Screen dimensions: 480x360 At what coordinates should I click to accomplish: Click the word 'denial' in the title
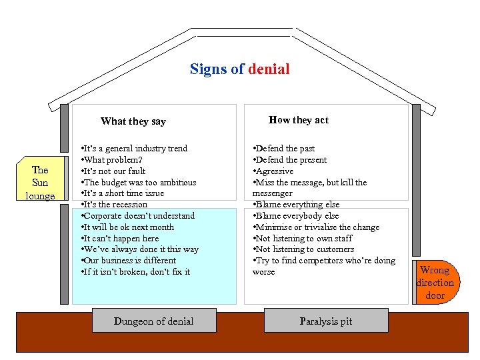269,69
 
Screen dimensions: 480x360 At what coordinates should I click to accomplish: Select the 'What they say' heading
133,121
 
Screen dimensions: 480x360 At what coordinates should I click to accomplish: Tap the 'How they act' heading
299,120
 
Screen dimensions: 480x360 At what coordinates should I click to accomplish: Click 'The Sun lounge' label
40,183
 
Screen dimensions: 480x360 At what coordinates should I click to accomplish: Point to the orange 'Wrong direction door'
435,283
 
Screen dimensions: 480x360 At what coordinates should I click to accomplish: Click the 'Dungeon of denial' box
153,321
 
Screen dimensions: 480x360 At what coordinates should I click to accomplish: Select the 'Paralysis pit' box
326,321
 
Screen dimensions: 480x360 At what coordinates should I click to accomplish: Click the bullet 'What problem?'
110,159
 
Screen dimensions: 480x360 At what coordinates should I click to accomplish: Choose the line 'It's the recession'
114,204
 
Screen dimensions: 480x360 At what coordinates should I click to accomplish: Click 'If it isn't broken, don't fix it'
135,271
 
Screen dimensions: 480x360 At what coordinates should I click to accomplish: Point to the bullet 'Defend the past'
283,148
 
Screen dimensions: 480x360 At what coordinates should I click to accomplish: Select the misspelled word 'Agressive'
275,171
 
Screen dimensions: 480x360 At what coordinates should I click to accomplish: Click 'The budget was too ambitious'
139,182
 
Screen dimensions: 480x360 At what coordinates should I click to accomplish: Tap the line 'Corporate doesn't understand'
138,215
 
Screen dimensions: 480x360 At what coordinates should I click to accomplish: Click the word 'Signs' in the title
209,69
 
